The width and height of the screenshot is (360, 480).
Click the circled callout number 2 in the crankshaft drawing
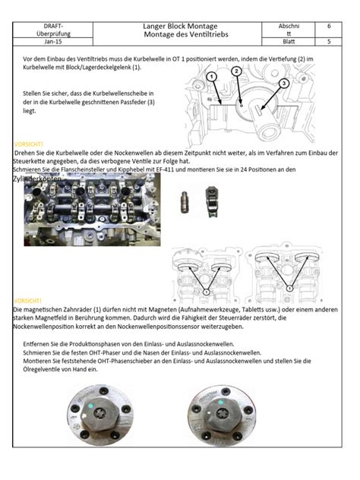[x=237, y=71]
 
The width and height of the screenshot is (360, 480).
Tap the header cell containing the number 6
[x=328, y=26]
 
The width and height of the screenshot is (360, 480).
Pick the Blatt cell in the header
[x=288, y=42]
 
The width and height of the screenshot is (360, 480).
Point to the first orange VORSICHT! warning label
[x=29, y=144]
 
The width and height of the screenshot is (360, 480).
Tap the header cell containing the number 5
[x=328, y=42]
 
